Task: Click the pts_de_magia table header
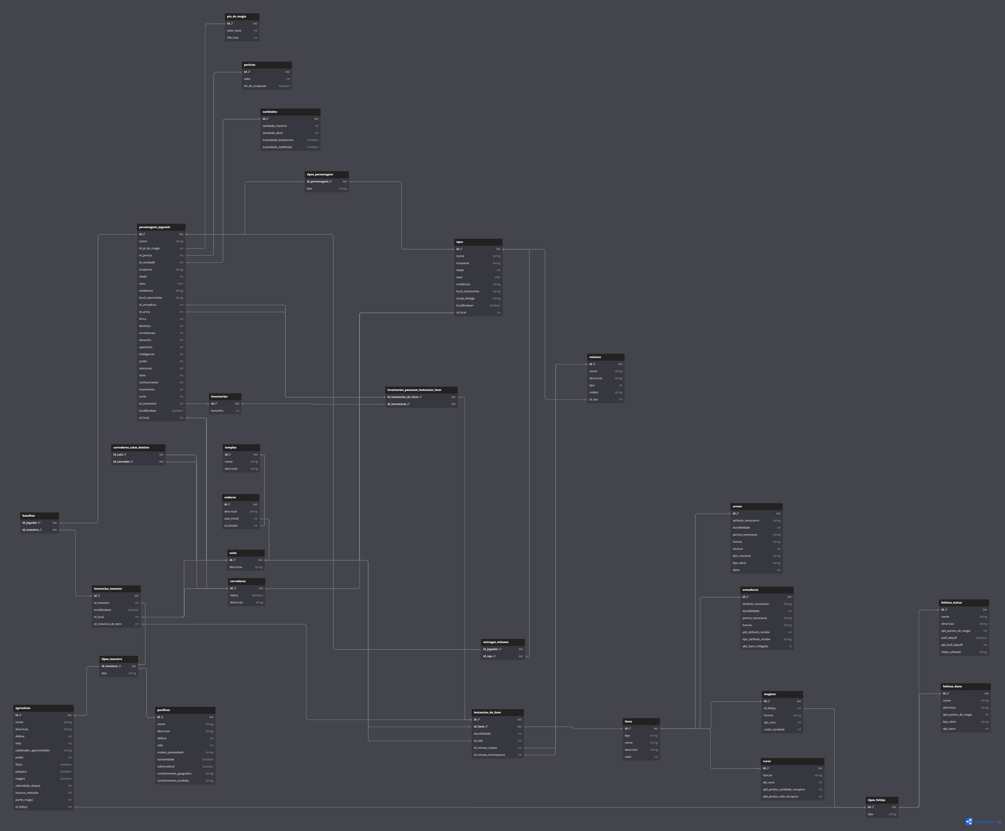pyautogui.click(x=242, y=16)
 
